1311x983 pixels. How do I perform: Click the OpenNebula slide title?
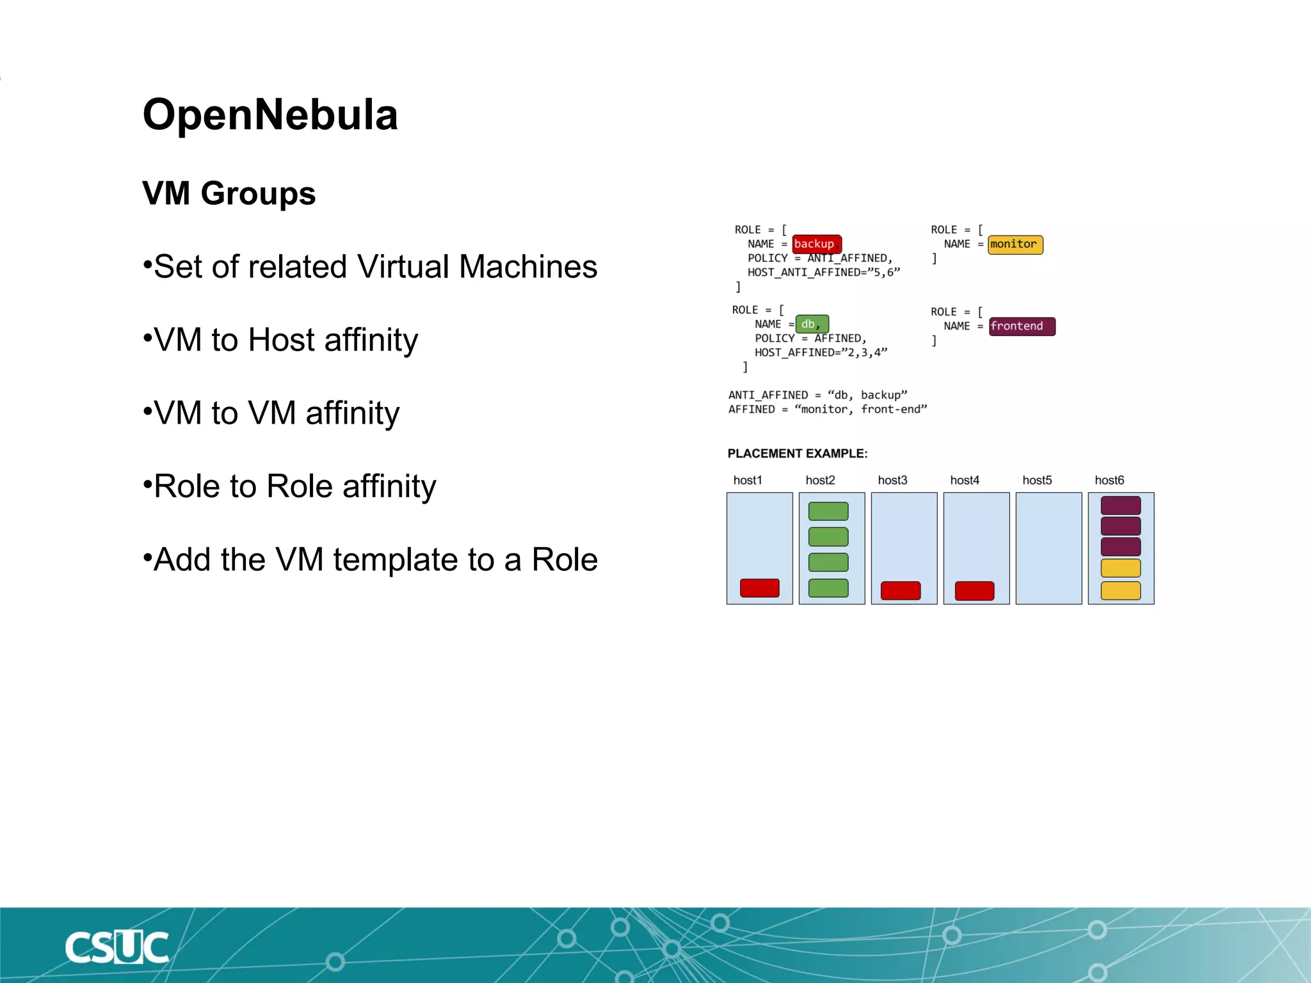click(270, 115)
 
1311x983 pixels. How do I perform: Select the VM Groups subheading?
click(229, 193)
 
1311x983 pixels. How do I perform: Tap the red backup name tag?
click(816, 244)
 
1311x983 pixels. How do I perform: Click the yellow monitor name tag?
click(1015, 244)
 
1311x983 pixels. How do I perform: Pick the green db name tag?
click(812, 324)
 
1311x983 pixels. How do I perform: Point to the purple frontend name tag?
click(1021, 326)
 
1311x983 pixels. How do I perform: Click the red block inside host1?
click(759, 587)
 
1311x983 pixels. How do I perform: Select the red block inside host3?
click(900, 590)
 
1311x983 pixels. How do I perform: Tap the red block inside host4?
click(974, 590)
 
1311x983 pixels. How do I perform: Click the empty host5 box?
click(1048, 548)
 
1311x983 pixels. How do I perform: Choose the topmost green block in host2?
click(828, 511)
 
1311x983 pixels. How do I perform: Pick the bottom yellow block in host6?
click(1120, 590)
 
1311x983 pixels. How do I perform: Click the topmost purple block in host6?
click(1120, 505)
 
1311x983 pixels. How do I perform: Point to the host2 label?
click(820, 480)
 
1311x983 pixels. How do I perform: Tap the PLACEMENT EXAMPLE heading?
click(797, 453)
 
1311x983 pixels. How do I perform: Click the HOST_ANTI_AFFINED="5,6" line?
click(823, 273)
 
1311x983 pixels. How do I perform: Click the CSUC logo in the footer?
click(117, 947)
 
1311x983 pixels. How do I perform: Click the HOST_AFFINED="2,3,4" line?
click(821, 353)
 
